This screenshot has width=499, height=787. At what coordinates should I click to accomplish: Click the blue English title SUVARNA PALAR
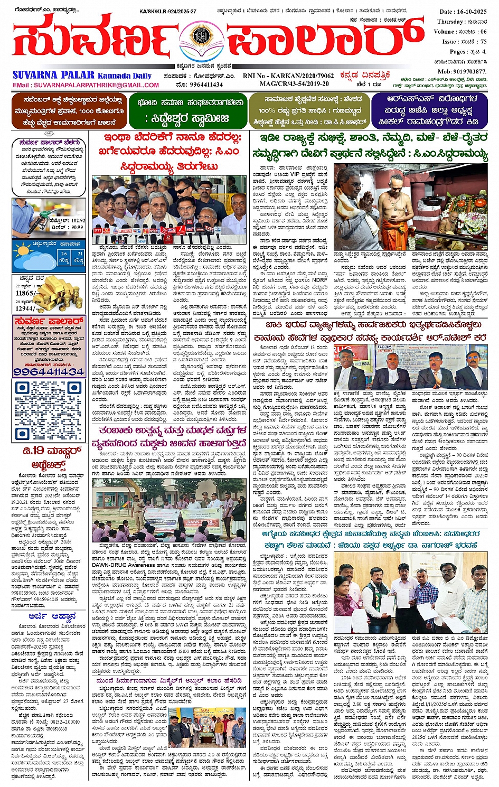[x=53, y=75]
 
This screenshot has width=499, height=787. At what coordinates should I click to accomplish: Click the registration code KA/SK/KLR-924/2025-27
[x=167, y=11]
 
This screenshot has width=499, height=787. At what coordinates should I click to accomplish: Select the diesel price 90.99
[x=77, y=227]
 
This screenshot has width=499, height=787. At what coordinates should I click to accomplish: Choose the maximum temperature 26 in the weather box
[x=63, y=254]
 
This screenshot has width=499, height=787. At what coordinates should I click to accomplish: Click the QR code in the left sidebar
[x=48, y=410]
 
